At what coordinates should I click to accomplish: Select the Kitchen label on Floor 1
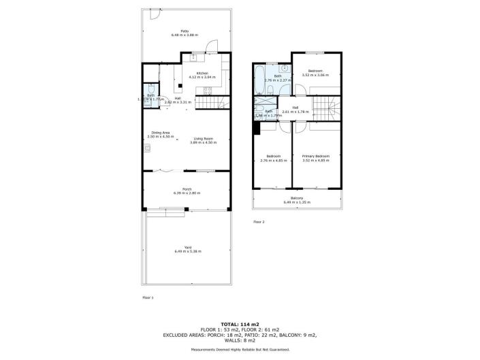[x=202, y=73]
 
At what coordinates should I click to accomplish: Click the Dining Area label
[x=161, y=133]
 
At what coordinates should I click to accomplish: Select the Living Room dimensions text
[x=204, y=143]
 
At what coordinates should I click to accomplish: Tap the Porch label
[x=187, y=189]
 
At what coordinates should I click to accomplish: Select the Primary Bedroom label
[x=315, y=156]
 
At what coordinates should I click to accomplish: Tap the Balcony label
[x=297, y=198]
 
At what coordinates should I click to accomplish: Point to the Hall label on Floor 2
[x=295, y=108]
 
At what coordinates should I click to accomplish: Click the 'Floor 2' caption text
[x=259, y=222]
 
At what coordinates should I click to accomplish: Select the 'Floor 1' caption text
[x=148, y=297]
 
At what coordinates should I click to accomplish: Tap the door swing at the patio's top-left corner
[x=155, y=14]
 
